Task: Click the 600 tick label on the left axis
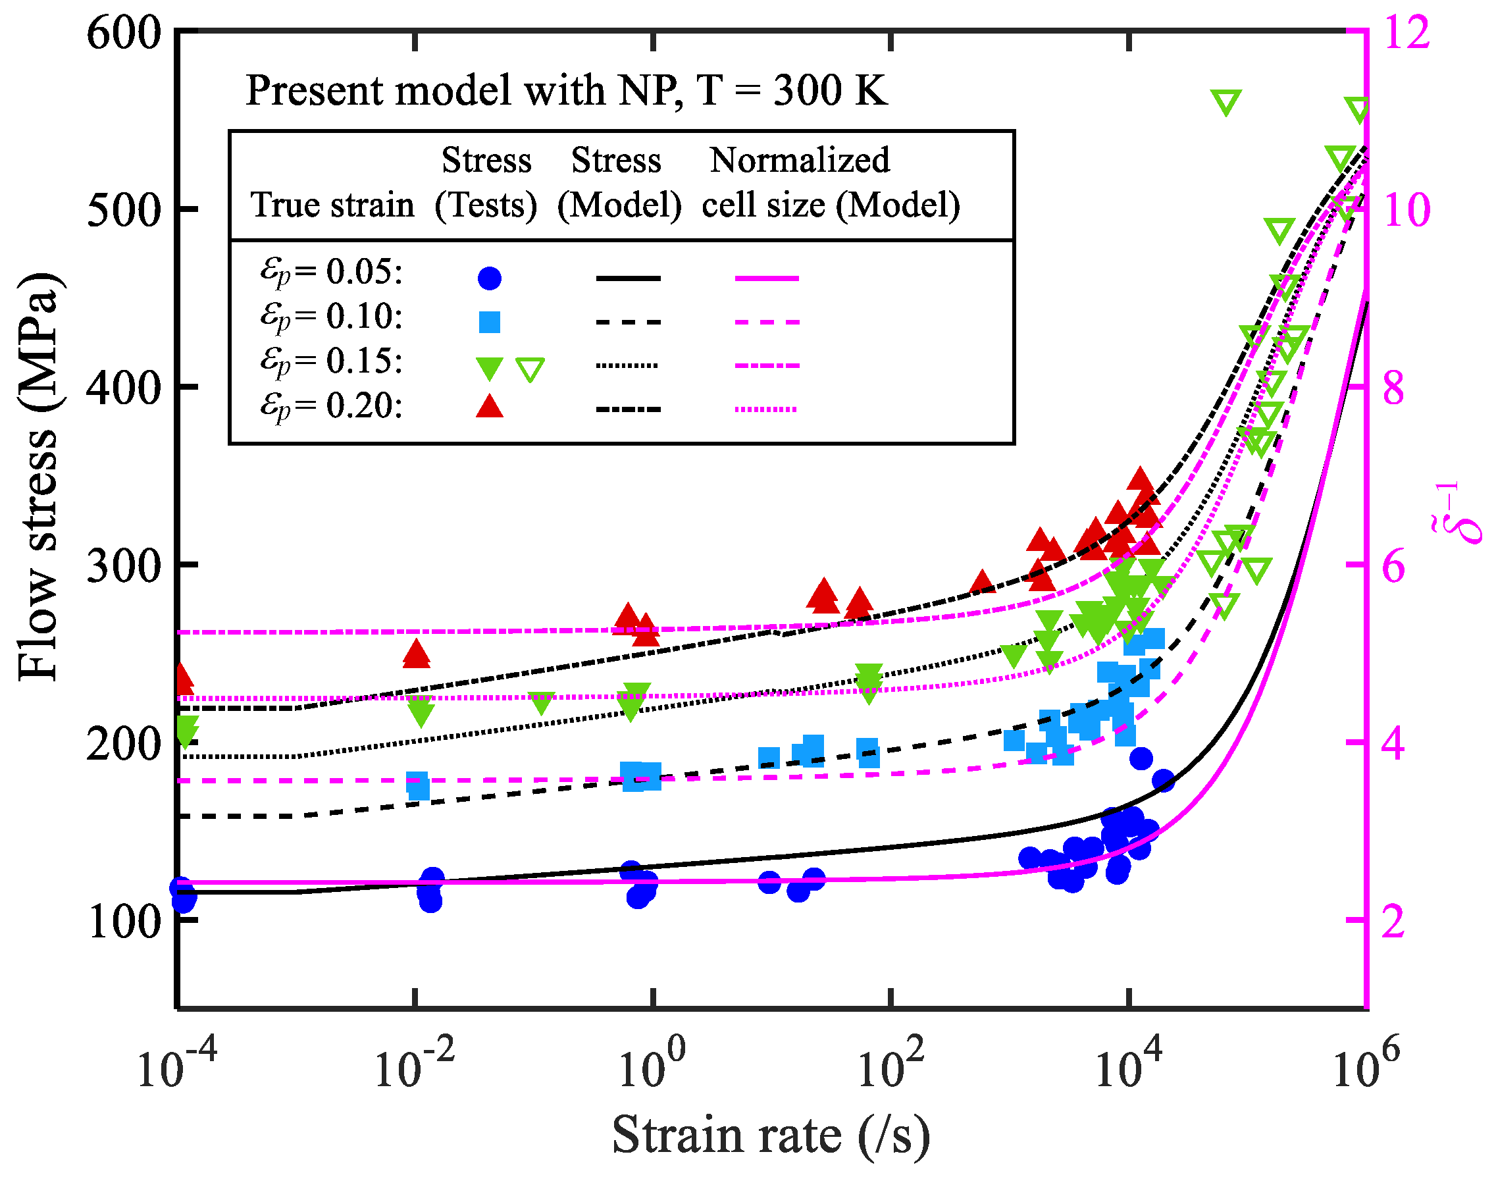tap(124, 33)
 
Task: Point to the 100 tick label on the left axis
tap(124, 922)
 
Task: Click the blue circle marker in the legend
tap(489, 278)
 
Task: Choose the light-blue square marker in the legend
tap(489, 322)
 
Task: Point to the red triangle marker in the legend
tap(489, 407)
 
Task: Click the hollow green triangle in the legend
tap(530, 369)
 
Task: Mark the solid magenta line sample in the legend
tap(766, 278)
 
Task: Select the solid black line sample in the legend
tap(628, 278)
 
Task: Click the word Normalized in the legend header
tap(800, 160)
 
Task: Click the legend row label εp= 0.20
tap(331, 407)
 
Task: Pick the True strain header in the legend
tap(332, 205)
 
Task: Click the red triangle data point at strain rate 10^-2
tap(416, 653)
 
